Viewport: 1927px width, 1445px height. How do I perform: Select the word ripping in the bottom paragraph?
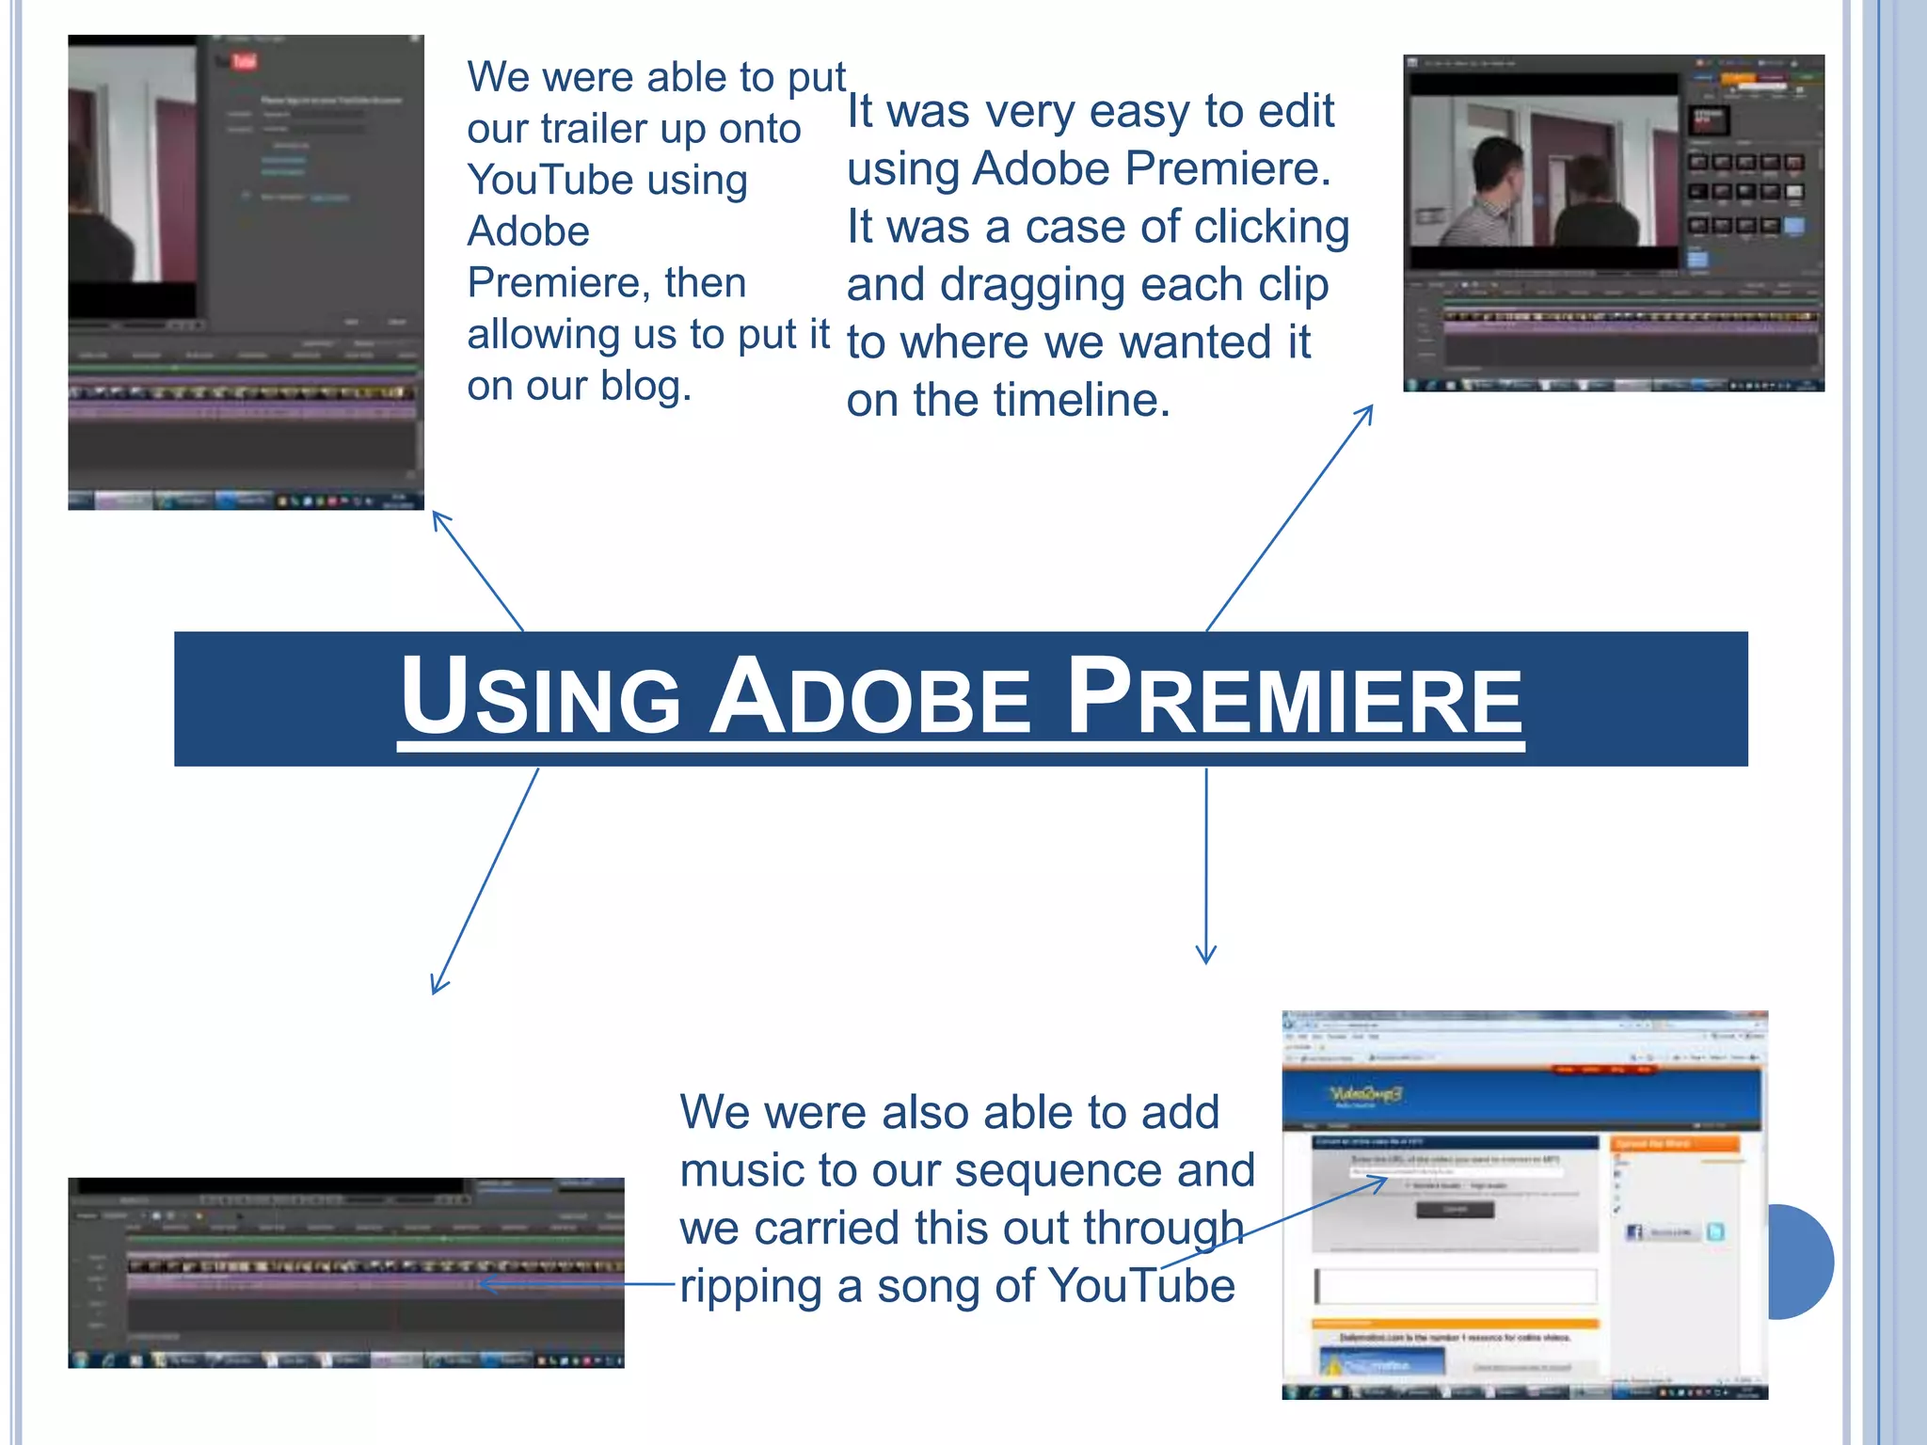point(750,1286)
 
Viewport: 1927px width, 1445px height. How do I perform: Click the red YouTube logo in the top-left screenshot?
point(243,62)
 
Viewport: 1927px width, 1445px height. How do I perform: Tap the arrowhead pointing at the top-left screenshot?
point(438,518)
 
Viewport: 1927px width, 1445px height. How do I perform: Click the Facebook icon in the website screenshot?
point(1634,1231)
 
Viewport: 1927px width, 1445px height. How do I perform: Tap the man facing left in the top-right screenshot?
point(1496,193)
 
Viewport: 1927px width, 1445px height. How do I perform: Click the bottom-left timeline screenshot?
point(345,1272)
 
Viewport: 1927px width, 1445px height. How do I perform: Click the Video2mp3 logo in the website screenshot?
point(1364,1093)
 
